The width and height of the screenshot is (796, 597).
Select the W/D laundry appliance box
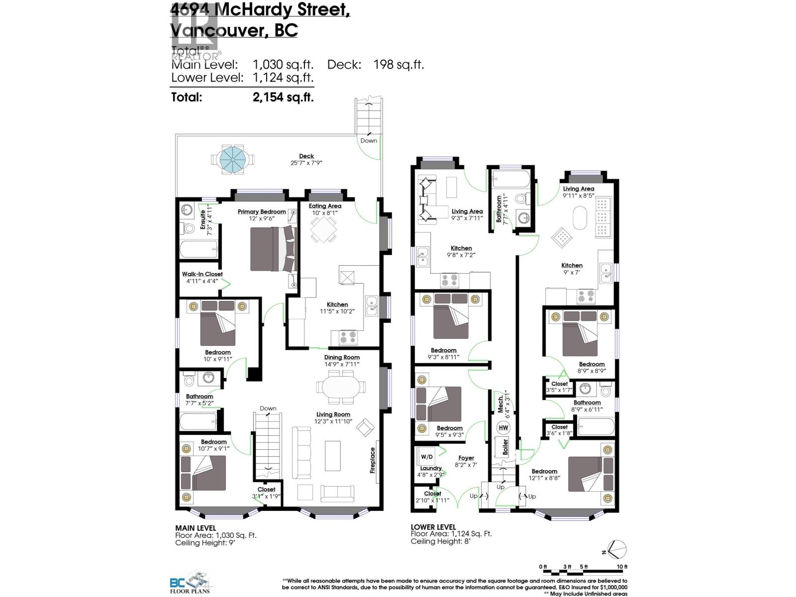click(427, 457)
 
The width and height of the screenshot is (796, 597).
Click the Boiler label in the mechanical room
click(505, 447)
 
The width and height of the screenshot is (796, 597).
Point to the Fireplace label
click(372, 460)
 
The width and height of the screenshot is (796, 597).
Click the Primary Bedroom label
click(262, 211)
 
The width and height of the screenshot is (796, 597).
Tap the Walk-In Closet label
click(202, 274)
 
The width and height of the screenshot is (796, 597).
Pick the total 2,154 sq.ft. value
click(283, 97)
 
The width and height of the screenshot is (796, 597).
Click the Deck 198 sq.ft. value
click(398, 64)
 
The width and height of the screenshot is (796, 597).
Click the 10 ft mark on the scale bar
click(622, 567)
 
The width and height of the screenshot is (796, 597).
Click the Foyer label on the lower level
click(466, 458)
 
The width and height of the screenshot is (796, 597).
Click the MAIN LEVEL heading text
click(196, 528)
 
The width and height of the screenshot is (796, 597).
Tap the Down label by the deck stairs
click(369, 141)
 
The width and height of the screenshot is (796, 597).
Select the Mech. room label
click(500, 401)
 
